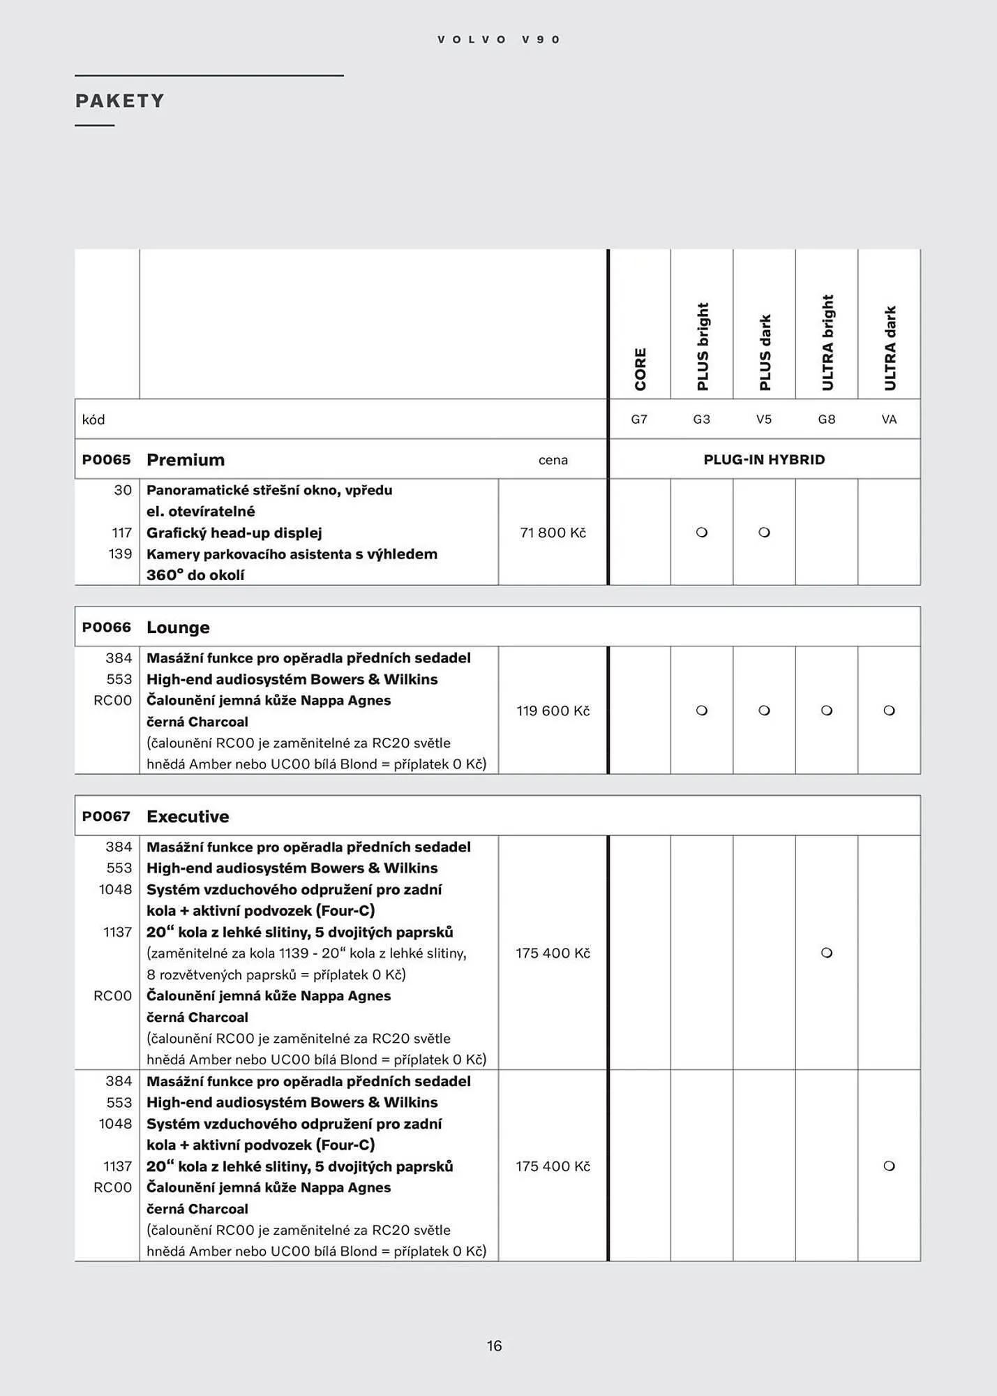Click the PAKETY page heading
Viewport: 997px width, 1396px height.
[120, 101]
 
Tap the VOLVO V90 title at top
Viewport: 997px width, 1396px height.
[498, 40]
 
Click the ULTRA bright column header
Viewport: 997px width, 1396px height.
[827, 342]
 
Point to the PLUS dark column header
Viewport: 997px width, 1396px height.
[765, 352]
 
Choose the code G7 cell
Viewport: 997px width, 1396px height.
[639, 419]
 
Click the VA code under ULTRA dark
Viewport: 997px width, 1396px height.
[889, 419]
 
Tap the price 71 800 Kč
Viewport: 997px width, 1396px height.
[553, 533]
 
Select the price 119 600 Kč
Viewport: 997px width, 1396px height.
[553, 711]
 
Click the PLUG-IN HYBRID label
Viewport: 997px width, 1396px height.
[764, 459]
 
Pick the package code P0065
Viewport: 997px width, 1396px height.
[106, 459]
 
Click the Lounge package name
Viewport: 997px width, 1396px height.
[178, 628]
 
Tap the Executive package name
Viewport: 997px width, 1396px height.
[188, 816]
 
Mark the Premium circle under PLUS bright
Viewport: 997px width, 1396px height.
[702, 533]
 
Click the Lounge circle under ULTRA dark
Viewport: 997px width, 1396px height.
[889, 711]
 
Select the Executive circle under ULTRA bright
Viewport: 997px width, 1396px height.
[827, 953]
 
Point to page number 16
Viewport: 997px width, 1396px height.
[494, 1346]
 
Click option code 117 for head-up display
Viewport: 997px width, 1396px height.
[121, 533]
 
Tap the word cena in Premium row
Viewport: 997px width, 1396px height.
[553, 460]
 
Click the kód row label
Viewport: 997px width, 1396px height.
[93, 419]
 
